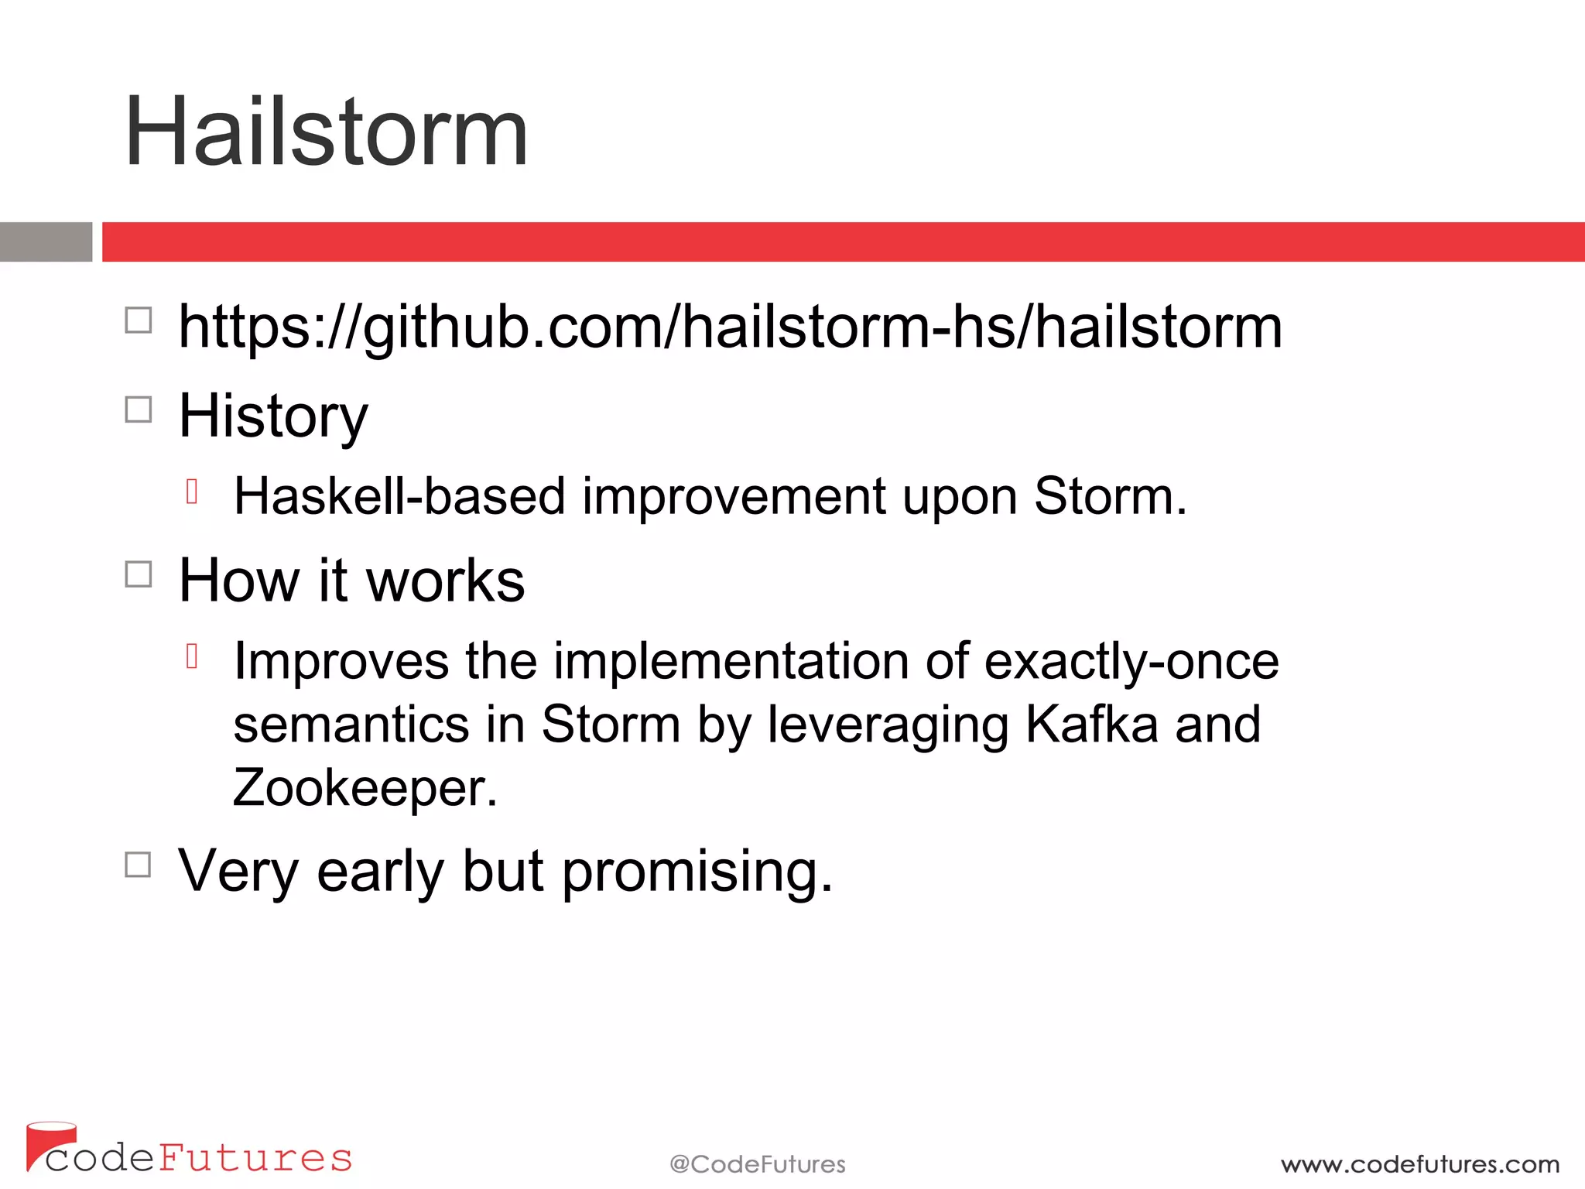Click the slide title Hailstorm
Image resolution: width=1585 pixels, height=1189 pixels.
click(x=326, y=132)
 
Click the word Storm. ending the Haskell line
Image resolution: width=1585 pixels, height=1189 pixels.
click(x=1110, y=496)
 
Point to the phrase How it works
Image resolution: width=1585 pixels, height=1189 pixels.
click(x=351, y=581)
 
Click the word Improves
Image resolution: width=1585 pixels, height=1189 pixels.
click(x=341, y=662)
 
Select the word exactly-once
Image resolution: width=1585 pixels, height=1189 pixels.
click(x=1131, y=662)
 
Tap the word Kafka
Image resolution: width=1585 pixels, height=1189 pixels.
click(x=1091, y=725)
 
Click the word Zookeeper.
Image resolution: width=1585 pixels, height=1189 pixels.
click(x=365, y=789)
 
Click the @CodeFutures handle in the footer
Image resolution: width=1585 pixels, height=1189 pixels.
click(x=757, y=1164)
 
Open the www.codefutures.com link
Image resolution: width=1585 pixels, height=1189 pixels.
click(x=1419, y=1164)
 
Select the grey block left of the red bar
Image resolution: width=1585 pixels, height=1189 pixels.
click(x=46, y=242)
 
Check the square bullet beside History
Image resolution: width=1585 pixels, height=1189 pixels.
click(x=139, y=409)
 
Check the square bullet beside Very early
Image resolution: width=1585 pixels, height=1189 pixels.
click(x=139, y=865)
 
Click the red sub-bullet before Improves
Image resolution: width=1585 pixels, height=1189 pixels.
click(x=193, y=656)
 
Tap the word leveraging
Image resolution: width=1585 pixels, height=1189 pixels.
click(x=888, y=725)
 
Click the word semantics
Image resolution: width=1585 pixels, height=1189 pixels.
click(x=351, y=725)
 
